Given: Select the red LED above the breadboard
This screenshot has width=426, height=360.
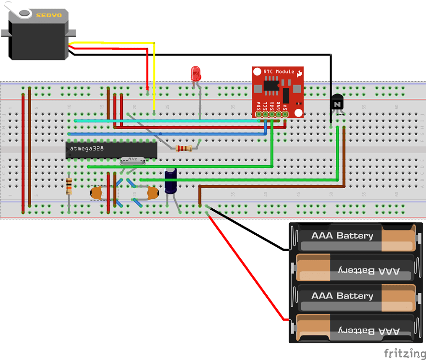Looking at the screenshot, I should [196, 73].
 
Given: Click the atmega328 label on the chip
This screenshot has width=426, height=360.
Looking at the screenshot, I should [86, 149].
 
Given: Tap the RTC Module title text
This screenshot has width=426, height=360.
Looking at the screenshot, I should [279, 72].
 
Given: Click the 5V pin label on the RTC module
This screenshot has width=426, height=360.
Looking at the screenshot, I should [285, 108].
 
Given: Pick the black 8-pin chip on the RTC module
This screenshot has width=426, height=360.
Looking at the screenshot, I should [271, 86].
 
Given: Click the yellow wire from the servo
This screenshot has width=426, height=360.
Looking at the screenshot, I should [154, 77].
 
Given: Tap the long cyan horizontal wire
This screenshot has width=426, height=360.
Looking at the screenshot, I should [168, 121].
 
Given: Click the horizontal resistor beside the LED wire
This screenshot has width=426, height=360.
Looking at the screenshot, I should [184, 148].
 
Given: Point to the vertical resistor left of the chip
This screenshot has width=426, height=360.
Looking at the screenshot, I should [69, 185].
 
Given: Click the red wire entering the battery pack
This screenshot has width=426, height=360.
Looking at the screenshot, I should [249, 269].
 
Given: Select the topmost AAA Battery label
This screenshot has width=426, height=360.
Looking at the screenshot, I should [342, 236].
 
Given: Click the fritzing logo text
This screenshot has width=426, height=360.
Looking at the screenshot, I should [404, 353].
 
